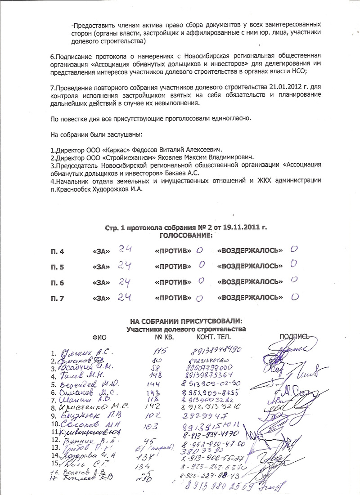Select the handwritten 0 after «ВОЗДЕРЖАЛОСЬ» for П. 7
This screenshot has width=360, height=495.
click(295, 296)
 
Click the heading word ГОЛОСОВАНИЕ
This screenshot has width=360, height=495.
click(186, 235)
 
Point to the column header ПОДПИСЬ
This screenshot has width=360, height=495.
click(295, 336)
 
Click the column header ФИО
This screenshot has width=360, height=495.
click(99, 337)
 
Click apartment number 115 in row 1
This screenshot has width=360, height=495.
click(157, 351)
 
